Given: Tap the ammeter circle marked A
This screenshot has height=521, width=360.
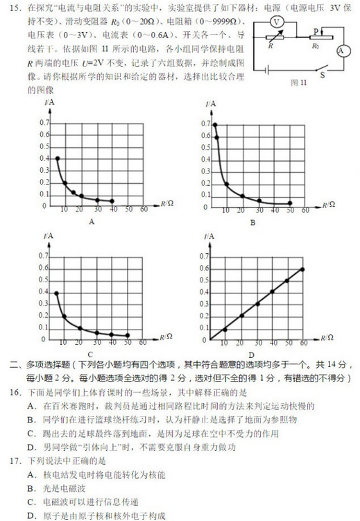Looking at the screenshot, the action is click(x=341, y=50).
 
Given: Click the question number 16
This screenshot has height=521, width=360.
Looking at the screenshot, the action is click(x=13, y=393).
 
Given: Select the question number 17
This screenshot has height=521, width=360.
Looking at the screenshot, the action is click(x=13, y=461).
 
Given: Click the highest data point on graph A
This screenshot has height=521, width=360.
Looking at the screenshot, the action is click(x=57, y=159).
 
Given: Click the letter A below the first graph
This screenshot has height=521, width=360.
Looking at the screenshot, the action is click(x=91, y=221).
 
